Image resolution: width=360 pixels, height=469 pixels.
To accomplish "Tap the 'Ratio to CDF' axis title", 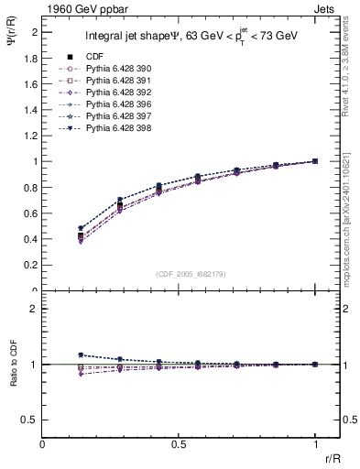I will coord(12,364).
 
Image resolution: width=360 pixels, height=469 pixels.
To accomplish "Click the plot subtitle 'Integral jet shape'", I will coord(147,37).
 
